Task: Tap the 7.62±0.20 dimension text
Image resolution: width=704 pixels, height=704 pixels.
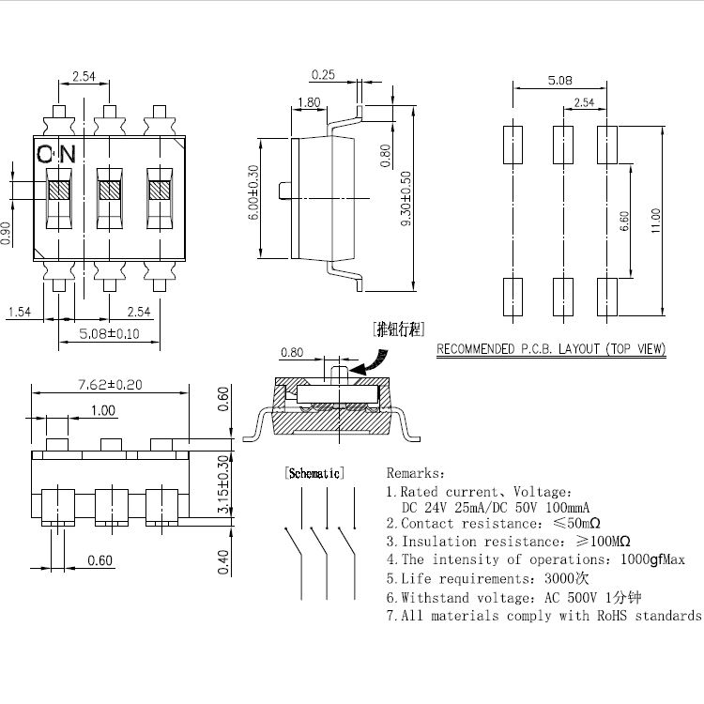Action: [110, 384]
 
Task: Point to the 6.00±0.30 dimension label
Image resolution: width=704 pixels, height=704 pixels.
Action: [253, 192]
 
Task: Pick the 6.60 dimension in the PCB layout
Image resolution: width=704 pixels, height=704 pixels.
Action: [625, 222]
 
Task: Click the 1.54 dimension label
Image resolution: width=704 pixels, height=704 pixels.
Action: [20, 312]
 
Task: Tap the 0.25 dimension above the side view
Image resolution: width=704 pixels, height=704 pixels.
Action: [324, 74]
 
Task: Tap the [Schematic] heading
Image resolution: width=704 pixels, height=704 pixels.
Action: [314, 473]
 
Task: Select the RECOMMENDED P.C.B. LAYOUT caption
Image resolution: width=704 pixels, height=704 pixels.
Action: [551, 349]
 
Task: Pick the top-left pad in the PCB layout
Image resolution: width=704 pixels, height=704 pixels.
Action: [513, 145]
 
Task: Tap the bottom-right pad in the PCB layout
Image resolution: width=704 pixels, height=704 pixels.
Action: [605, 297]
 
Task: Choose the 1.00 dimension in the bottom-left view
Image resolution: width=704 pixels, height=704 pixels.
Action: [103, 410]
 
